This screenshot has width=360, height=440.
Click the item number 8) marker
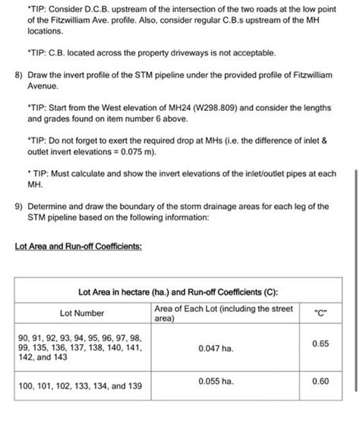coord(19,77)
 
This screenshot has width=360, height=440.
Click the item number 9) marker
coord(19,206)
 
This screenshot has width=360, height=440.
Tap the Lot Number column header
coord(82,312)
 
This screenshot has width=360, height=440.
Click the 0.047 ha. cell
coord(215,347)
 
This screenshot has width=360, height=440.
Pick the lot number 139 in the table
coord(134,385)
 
